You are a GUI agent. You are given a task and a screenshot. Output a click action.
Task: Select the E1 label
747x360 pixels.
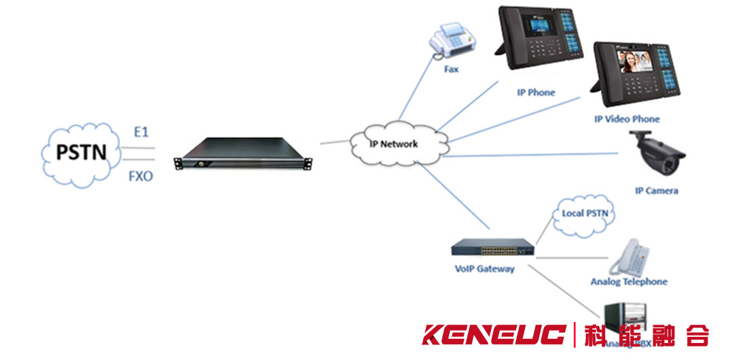[141, 132]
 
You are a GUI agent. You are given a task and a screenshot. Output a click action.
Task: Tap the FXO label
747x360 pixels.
[141, 177]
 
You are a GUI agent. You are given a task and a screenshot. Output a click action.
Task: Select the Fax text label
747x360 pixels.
[452, 69]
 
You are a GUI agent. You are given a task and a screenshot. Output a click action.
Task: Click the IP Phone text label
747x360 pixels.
[536, 92]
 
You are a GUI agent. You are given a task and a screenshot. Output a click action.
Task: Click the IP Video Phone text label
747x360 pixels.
[627, 120]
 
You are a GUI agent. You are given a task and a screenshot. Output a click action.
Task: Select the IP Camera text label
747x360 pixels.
[656, 191]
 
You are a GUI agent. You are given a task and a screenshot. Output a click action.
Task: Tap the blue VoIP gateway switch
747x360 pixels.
[493, 247]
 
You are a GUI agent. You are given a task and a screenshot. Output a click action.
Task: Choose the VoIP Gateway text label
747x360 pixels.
[484, 268]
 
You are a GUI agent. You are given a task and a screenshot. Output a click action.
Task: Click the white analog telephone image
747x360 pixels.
[628, 257]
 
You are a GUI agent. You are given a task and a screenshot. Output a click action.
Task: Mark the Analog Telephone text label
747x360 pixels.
[629, 282]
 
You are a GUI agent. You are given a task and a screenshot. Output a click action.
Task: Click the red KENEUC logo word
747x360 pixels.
[494, 334]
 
